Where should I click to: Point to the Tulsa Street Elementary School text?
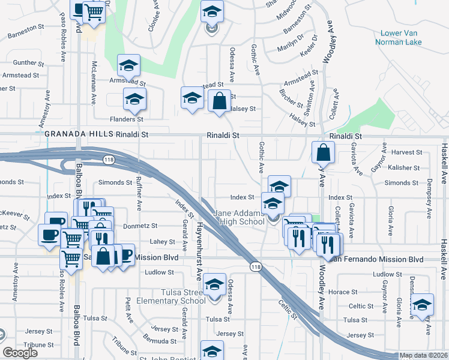tap(170, 296)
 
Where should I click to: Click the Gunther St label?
tap(25, 62)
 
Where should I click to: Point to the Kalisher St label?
tap(402, 167)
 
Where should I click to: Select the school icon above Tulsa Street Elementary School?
tap(214, 284)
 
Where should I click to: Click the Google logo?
tap(21, 353)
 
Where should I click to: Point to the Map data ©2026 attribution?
tap(423, 356)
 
